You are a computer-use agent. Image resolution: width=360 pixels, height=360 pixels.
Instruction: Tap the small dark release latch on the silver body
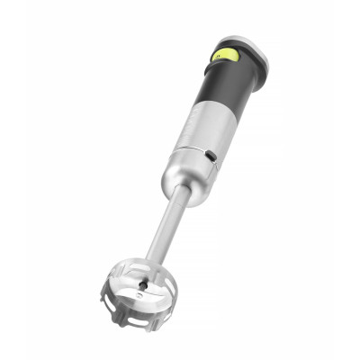coord(211,156)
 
